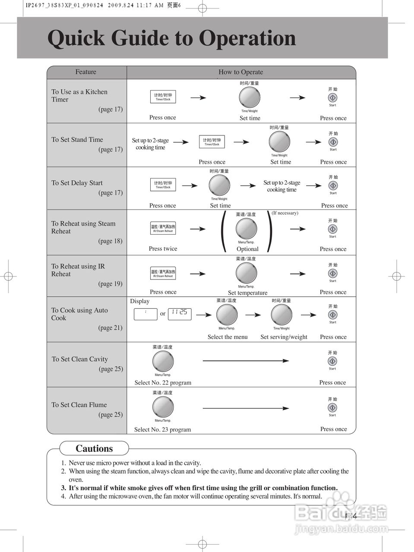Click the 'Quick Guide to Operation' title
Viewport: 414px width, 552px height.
(x=171, y=38)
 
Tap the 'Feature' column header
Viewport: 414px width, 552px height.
(x=85, y=72)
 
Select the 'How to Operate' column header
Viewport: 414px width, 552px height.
(x=240, y=72)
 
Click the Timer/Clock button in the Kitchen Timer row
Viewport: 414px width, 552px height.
(x=163, y=97)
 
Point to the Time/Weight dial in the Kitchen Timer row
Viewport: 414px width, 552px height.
(x=250, y=97)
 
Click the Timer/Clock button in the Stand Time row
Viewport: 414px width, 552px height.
(x=212, y=142)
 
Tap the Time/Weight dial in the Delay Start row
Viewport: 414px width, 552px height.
(x=219, y=186)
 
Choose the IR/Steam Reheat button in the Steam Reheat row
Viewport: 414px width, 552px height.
(x=163, y=229)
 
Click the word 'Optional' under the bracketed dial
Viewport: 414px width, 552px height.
(x=247, y=249)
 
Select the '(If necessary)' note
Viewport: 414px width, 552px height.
(x=285, y=213)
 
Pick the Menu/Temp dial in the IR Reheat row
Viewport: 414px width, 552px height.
(x=246, y=273)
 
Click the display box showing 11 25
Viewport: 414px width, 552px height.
(x=180, y=313)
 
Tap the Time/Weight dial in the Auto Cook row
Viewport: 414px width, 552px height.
(x=281, y=315)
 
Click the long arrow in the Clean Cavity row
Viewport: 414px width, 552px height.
(x=246, y=361)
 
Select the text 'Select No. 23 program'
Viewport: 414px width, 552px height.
(x=162, y=430)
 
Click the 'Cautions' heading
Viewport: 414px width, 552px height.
(x=94, y=448)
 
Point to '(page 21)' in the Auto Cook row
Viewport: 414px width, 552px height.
(x=110, y=328)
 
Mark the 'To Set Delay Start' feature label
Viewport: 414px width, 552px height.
(x=77, y=183)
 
